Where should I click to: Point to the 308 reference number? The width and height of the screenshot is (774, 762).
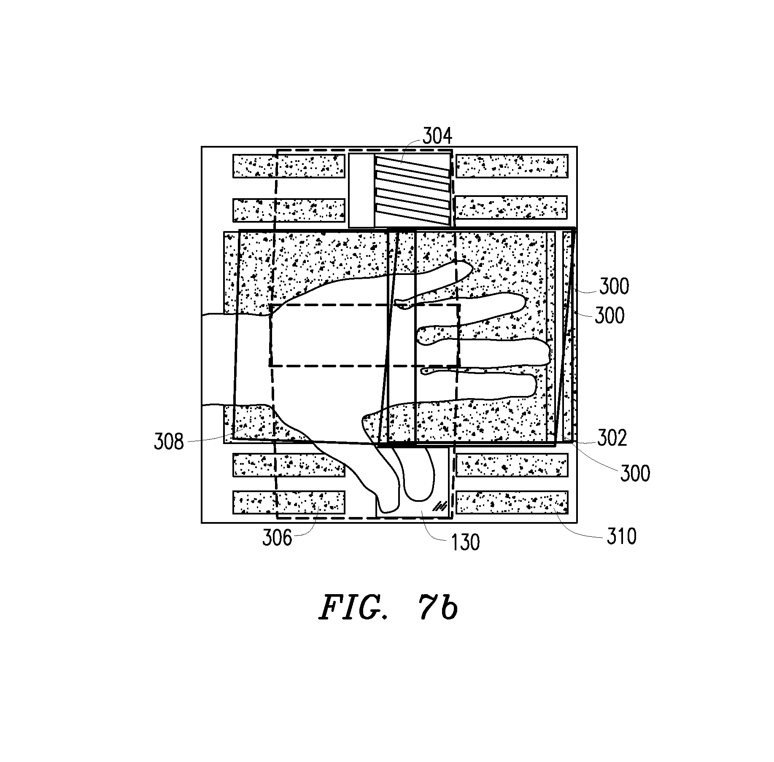pyautogui.click(x=169, y=442)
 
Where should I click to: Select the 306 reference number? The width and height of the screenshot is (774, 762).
pyautogui.click(x=277, y=538)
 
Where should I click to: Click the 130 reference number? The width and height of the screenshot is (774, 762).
pyautogui.click(x=465, y=542)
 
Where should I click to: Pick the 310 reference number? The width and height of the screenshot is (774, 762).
pyautogui.click(x=621, y=536)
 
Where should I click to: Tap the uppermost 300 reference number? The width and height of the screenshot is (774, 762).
pyautogui.click(x=614, y=286)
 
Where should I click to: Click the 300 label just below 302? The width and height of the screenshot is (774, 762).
pyautogui.click(x=635, y=473)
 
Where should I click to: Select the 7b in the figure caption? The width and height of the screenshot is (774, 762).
pyautogui.click(x=440, y=609)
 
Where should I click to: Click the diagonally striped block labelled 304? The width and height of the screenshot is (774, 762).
pyautogui.click(x=412, y=190)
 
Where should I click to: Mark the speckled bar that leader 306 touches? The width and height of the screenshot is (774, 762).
pyautogui.click(x=289, y=502)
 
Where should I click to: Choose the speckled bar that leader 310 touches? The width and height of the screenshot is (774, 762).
pyautogui.click(x=512, y=502)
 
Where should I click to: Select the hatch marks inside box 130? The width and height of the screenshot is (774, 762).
pyautogui.click(x=441, y=506)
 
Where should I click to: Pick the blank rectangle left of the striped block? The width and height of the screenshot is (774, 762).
pyautogui.click(x=361, y=190)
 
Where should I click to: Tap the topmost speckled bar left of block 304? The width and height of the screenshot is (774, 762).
pyautogui.click(x=289, y=166)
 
